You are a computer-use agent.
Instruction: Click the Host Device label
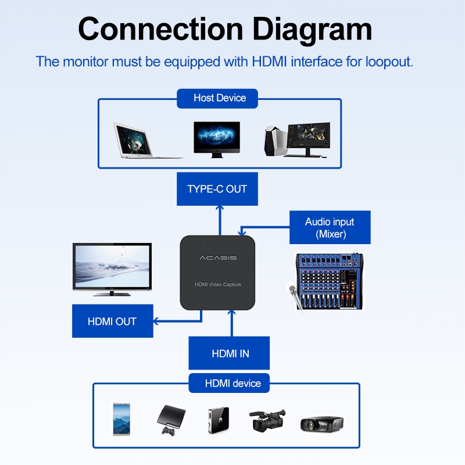pyautogui.click(x=220, y=98)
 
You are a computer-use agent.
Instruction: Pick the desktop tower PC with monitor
pyautogui.click(x=296, y=140)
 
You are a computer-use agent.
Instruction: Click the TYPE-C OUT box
pyautogui.click(x=217, y=189)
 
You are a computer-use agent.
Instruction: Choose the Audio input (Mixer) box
pyautogui.click(x=330, y=228)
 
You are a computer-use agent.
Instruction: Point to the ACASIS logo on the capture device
pyautogui.click(x=218, y=257)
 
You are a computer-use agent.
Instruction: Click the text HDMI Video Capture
pyautogui.click(x=218, y=284)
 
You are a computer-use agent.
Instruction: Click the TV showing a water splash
pyautogui.click(x=112, y=269)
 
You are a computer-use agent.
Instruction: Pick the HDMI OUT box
pyautogui.click(x=112, y=321)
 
